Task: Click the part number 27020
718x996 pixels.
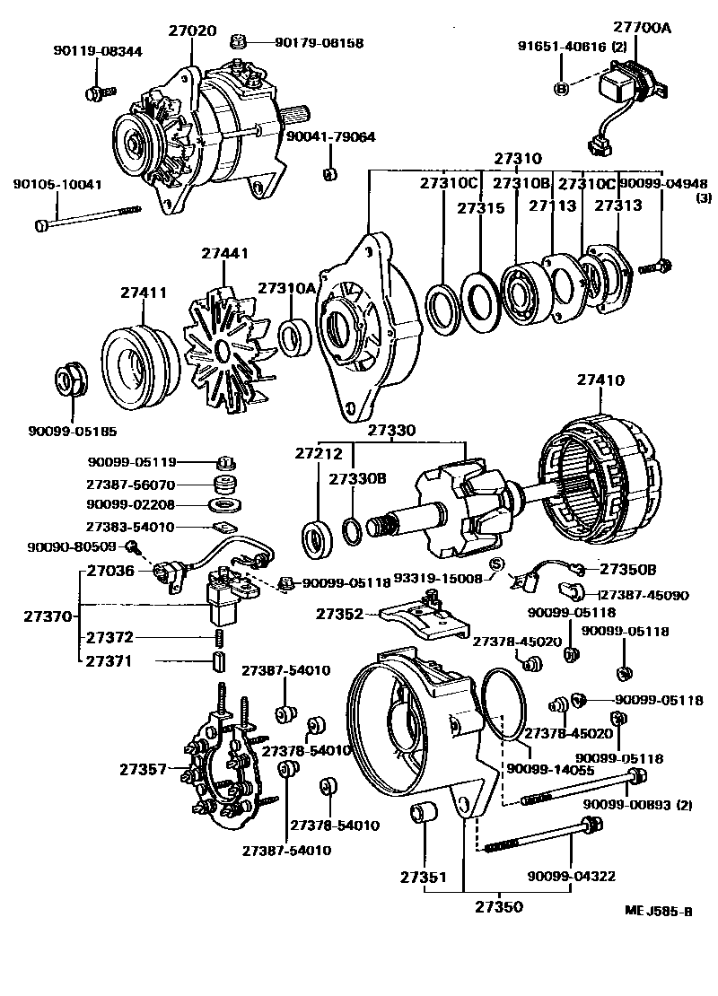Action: pyautogui.click(x=192, y=31)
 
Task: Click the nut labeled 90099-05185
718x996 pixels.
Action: pyautogui.click(x=70, y=380)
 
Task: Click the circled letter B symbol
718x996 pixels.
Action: pyautogui.click(x=561, y=87)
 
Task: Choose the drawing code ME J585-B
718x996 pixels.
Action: pyautogui.click(x=659, y=913)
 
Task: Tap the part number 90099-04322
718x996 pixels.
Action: pyautogui.click(x=571, y=876)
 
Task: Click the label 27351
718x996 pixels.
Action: pyautogui.click(x=424, y=876)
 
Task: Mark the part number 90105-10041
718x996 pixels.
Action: pyautogui.click(x=57, y=185)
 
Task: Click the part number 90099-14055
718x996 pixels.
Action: pyautogui.click(x=550, y=769)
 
